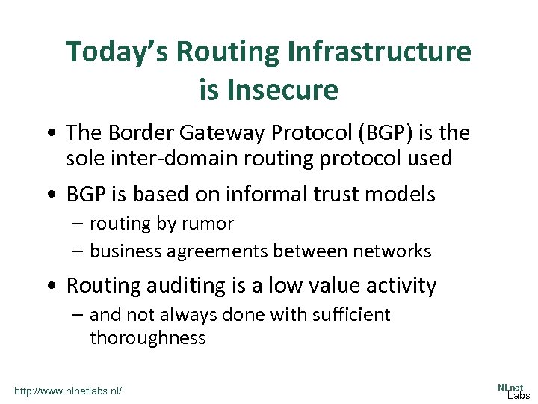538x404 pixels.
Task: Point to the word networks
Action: pos(391,251)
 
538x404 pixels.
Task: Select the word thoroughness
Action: pos(147,338)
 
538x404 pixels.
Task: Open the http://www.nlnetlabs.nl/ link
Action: pos(68,391)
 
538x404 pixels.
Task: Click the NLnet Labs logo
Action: pos(513,391)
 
